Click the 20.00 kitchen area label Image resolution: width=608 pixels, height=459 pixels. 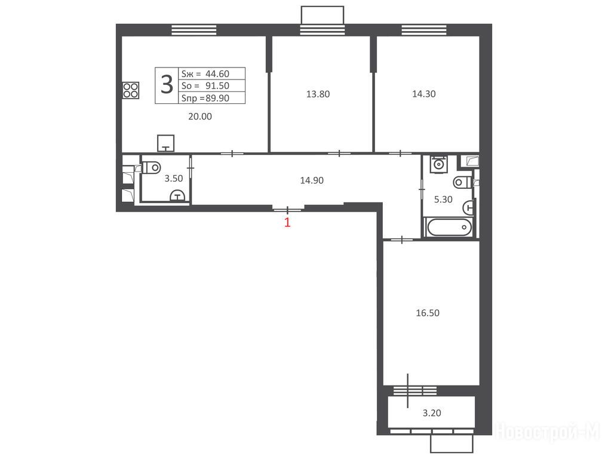(x=200, y=117)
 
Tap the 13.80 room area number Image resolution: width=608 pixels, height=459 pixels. (x=318, y=94)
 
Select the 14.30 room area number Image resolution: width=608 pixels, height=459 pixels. (x=424, y=93)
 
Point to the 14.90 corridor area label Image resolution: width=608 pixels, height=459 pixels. (x=312, y=180)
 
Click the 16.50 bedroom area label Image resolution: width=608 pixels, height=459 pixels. (x=428, y=313)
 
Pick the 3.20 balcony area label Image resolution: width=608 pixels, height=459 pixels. (x=432, y=413)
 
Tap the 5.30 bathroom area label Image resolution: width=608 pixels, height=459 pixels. (x=443, y=199)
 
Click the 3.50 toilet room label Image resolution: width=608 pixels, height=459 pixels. (x=174, y=178)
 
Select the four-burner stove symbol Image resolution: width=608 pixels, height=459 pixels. (x=131, y=90)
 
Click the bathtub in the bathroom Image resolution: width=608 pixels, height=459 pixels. (x=449, y=227)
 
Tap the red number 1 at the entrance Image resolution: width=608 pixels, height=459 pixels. (x=287, y=222)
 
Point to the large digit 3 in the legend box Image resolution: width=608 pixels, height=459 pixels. (x=167, y=85)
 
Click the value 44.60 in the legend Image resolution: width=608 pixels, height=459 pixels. (x=217, y=74)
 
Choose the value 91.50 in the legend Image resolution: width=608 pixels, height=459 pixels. (x=217, y=85)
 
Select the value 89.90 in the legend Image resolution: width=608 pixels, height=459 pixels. (x=217, y=98)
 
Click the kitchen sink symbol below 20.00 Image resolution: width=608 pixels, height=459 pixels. (x=165, y=143)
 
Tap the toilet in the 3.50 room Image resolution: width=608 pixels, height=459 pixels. (x=152, y=167)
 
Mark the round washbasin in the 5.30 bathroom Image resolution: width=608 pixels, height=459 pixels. (x=438, y=164)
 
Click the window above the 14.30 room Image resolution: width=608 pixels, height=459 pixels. (x=424, y=29)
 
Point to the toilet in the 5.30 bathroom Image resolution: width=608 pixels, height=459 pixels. (x=462, y=181)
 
